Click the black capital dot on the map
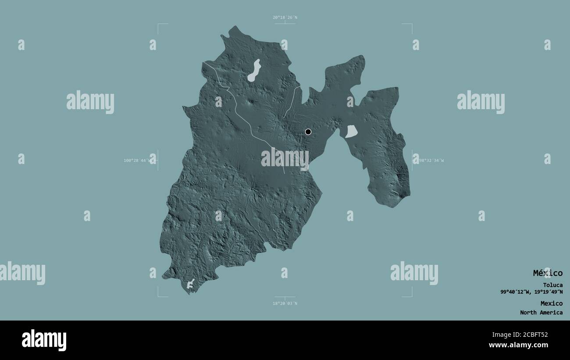coord(308,132)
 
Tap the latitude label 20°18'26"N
coord(285,18)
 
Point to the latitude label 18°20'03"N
coord(285,303)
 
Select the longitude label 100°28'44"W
coord(137,160)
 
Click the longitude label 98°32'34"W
coord(430,160)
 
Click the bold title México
coord(548,273)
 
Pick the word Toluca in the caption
coord(552,285)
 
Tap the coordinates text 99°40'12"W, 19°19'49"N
coord(531,292)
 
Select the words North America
coord(541,313)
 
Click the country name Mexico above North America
coord(551,303)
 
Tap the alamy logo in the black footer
coord(44,340)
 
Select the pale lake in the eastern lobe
coord(351,132)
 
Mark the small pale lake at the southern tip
coord(191,284)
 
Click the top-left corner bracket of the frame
coord(159,25)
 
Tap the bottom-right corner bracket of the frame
coord(411,296)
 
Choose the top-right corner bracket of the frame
coord(411,25)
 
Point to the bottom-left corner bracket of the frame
coord(159,296)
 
